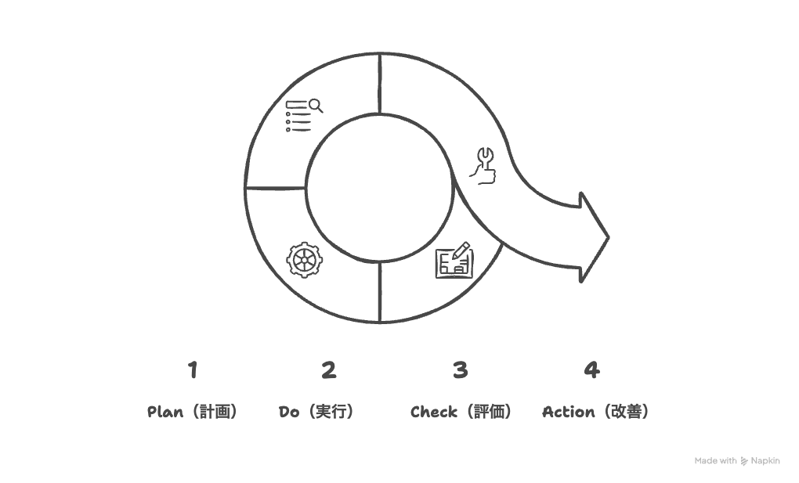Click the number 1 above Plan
tap(193, 369)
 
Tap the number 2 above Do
tap(328, 369)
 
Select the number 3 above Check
tap(460, 369)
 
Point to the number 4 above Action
tap(591, 369)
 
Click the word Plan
tap(165, 412)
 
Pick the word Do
tap(289, 412)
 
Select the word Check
tap(434, 412)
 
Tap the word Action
tap(568, 412)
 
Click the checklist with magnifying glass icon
tap(303, 115)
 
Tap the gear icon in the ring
tap(304, 260)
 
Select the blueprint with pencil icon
tap(454, 260)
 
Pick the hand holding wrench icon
tap(483, 165)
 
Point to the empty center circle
tap(380, 188)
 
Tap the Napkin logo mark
tap(744, 461)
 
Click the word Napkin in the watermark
tap(765, 461)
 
